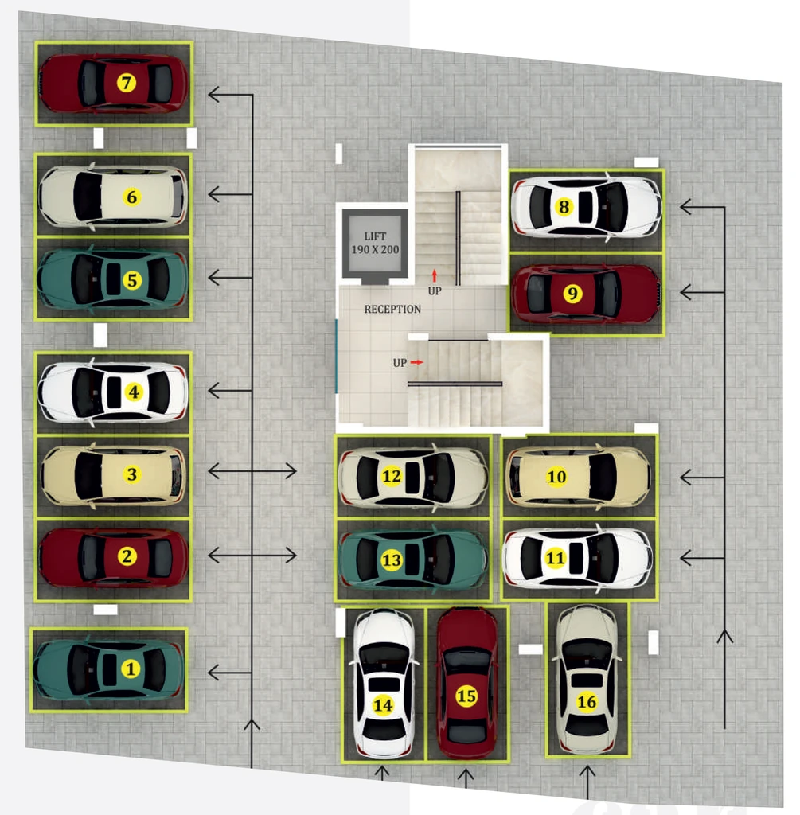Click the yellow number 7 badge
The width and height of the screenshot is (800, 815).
pos(127,82)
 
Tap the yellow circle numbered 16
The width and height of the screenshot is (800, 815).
pos(587,702)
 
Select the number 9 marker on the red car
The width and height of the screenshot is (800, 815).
pos(572,293)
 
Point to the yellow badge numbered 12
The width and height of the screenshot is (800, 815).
pos(392,476)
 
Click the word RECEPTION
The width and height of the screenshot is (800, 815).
pos(392,310)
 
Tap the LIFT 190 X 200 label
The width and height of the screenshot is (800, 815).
pos(375,243)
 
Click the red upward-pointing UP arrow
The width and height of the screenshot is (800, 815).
pos(435,275)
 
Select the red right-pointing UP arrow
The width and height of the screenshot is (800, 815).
pos(417,362)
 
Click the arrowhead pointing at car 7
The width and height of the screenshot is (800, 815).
pos(213,95)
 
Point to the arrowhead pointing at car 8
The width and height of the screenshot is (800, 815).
pos(685,207)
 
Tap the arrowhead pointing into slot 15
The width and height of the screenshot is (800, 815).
pos(466,774)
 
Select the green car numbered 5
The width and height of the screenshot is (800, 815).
pos(112,279)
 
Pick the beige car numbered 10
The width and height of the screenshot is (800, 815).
pos(578,477)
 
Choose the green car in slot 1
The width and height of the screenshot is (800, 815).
pos(108,669)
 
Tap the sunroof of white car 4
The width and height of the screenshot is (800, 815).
pos(114,392)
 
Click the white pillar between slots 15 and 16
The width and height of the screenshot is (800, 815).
pos(530,649)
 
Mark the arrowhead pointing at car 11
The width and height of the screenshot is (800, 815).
pos(685,558)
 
